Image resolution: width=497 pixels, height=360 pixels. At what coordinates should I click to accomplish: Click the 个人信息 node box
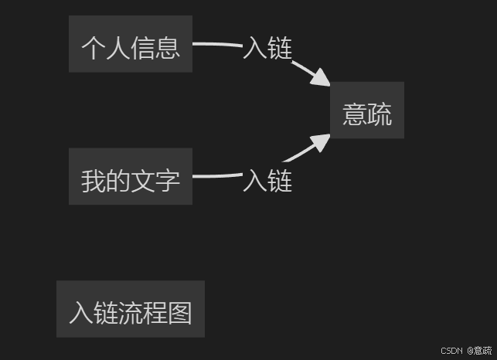130,44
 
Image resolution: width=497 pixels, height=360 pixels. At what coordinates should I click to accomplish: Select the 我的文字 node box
130,177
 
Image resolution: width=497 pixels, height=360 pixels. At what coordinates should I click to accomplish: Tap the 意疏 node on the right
367,110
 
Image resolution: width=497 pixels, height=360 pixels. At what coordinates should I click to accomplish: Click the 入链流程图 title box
130,309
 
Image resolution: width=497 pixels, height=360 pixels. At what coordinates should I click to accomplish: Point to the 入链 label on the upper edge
267,48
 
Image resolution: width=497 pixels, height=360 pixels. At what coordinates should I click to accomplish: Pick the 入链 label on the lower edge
267,181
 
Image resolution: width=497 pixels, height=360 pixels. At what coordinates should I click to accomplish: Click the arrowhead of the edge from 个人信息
322,77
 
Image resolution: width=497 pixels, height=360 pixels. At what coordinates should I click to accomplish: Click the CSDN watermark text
451,351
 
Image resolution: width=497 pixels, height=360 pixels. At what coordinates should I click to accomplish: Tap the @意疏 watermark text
479,351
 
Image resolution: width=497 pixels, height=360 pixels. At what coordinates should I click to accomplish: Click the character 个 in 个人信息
94,48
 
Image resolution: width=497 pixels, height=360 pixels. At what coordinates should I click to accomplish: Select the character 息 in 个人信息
168,48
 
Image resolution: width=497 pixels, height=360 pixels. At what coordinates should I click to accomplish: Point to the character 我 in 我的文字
94,181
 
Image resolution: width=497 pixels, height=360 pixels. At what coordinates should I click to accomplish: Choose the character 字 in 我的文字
168,181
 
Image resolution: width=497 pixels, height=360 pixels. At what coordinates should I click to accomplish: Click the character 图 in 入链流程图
179,313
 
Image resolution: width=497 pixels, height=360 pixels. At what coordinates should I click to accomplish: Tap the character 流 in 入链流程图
130,313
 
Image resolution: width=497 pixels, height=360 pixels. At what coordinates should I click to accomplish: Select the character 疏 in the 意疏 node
380,114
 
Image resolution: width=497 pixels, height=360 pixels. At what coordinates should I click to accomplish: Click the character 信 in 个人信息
143,48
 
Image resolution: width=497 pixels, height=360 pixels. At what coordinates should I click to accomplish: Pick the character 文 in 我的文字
143,181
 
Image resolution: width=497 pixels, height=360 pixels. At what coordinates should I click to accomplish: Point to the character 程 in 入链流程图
155,313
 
